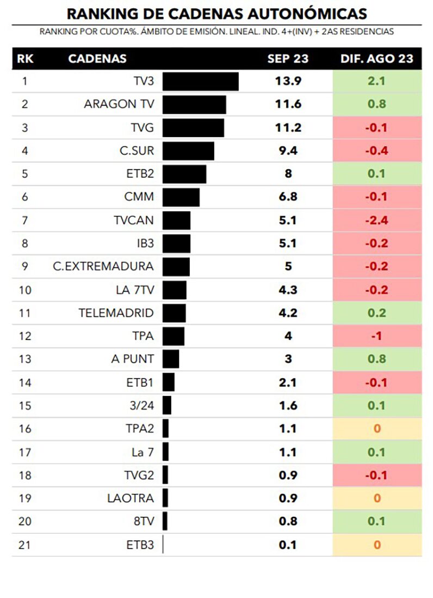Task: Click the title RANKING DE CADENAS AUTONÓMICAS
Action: (216, 13)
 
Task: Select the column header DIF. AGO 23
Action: (377, 59)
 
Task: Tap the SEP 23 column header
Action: (288, 59)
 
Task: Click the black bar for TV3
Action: (200, 82)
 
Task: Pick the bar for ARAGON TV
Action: (194, 105)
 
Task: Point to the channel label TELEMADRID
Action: (116, 313)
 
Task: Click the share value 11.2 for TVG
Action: (288, 128)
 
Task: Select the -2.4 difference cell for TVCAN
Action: (377, 221)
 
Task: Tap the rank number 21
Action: (25, 545)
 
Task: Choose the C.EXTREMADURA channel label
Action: (103, 267)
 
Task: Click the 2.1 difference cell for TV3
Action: (377, 82)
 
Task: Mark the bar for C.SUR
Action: (188, 151)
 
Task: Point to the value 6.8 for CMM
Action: (288, 197)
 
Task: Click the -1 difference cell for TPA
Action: (377, 336)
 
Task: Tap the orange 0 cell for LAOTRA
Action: (377, 498)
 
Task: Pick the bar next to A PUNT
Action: (171, 359)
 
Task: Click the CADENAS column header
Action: (97, 59)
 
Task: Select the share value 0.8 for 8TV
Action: (288, 521)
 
